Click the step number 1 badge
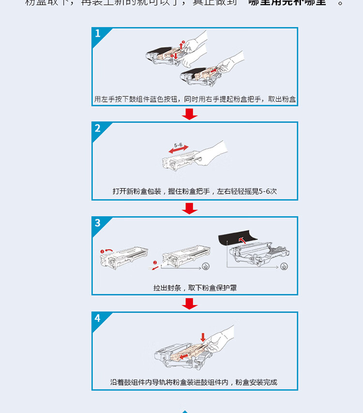pyautogui.click(x=98, y=34)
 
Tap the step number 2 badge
pyautogui.click(x=98, y=128)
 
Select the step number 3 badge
pyautogui.click(x=98, y=223)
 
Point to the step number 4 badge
pyautogui.click(x=98, y=318)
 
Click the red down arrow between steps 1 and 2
pyautogui.click(x=190, y=114)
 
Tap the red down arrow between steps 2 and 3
pyautogui.click(x=190, y=208)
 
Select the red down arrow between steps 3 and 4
pyautogui.click(x=190, y=303)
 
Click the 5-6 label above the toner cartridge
pyautogui.click(x=178, y=145)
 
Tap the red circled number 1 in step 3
pyautogui.click(x=103, y=251)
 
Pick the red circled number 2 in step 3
pyautogui.click(x=155, y=262)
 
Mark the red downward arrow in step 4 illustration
pyautogui.click(x=203, y=337)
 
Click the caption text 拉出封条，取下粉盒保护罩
pyautogui.click(x=195, y=288)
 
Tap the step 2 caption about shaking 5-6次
pyautogui.click(x=195, y=191)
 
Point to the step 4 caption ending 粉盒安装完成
pyautogui.click(x=195, y=382)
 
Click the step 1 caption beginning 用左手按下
pyautogui.click(x=195, y=99)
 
